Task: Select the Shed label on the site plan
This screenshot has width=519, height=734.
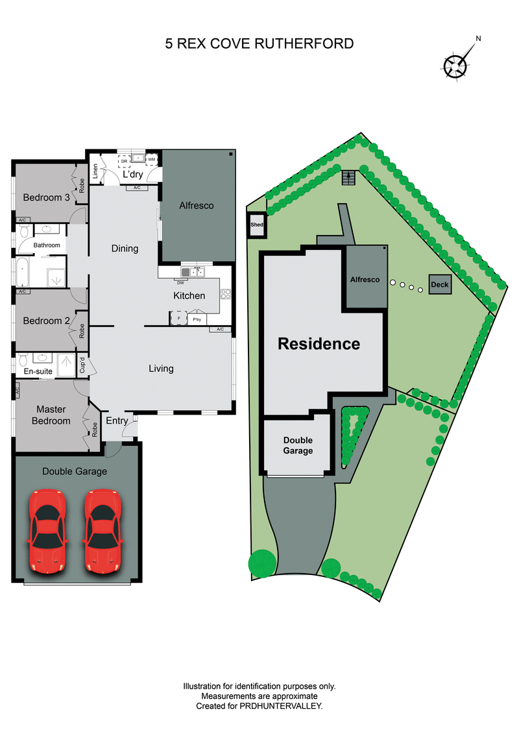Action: point(256,225)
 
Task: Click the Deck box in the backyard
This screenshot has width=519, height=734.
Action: point(439,284)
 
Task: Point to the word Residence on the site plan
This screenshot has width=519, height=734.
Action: point(319,344)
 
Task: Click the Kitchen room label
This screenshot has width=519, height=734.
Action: point(189,296)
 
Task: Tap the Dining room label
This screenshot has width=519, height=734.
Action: point(125,248)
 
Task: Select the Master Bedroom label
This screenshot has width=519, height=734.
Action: point(53,415)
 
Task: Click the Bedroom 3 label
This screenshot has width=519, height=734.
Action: point(46,198)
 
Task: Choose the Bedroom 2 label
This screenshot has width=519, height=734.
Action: point(46,321)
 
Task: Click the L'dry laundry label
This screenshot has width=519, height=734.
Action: point(132,175)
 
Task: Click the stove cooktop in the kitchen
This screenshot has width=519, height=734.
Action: point(226,293)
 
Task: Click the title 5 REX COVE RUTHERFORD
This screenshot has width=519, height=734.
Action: point(259,44)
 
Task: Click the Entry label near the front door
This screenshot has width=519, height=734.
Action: point(117,421)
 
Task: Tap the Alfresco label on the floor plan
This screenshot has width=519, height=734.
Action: point(196,205)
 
